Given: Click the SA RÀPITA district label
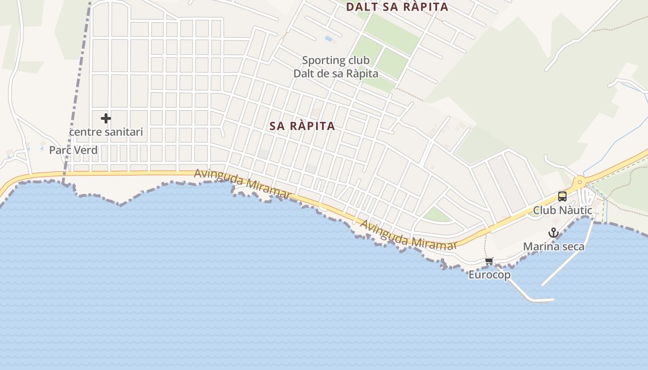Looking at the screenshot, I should [302, 126].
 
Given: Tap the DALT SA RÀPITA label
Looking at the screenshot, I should [397, 7].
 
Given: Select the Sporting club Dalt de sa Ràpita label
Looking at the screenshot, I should [336, 67].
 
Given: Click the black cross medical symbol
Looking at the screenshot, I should [106, 118].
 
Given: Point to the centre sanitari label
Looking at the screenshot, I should [106, 132].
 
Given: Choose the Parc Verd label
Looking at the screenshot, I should [73, 150].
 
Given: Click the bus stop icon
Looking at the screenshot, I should [562, 197].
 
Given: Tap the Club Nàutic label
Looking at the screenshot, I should [562, 210].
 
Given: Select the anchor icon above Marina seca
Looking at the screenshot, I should [554, 233].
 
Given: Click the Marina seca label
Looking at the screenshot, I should [554, 247].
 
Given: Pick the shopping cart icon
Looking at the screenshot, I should [489, 261].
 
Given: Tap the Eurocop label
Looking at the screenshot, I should [489, 275].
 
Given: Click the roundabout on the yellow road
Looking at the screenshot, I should [579, 182].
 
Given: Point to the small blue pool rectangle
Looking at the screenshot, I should [329, 39].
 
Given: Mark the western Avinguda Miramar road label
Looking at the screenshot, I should [243, 185].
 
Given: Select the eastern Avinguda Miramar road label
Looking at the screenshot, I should [408, 235].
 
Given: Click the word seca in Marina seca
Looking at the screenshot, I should [573, 247].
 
